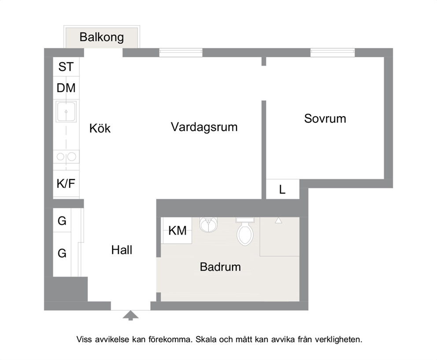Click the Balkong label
101,37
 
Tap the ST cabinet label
66,67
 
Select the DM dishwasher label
66,88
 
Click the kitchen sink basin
66,112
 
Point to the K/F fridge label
66,184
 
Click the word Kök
100,129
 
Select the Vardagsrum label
204,127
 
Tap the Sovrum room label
325,119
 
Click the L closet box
283,189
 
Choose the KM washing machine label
178,231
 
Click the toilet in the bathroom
245,231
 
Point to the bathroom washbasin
208,224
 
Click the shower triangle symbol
278,220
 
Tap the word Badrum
220,267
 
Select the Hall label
122,250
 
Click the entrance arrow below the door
130,316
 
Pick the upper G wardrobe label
62,221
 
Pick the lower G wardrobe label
62,253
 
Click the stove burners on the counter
67,157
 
